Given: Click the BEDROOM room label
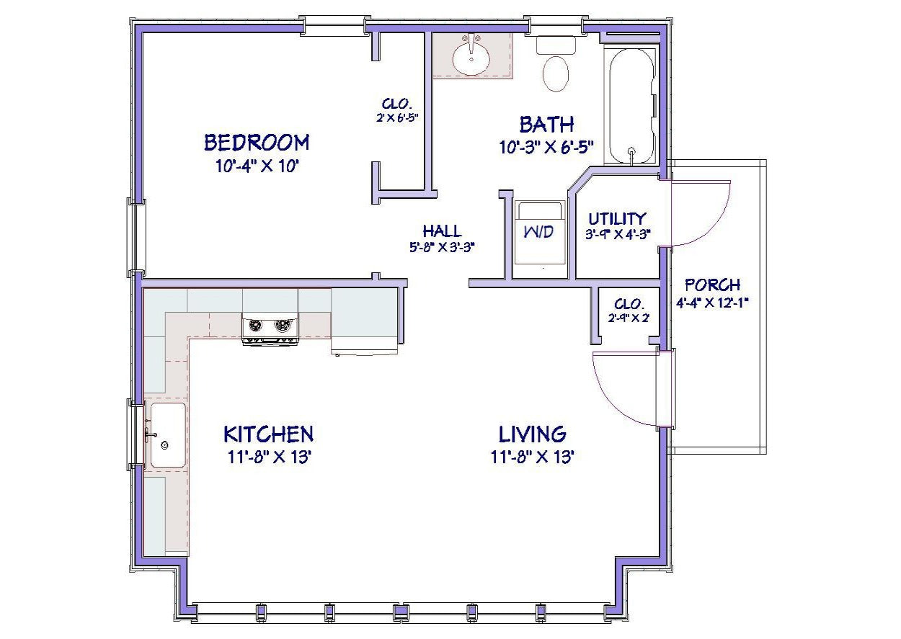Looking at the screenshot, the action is [x=257, y=143].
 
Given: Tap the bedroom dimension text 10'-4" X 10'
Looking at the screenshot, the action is [x=257, y=166].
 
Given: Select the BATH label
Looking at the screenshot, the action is [x=546, y=125].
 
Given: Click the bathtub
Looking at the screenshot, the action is [x=631, y=106].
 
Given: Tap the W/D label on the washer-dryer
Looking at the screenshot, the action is [x=539, y=231].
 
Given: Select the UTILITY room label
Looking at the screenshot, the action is [x=618, y=219].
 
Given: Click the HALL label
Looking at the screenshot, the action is [x=442, y=231].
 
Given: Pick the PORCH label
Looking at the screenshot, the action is [x=712, y=285].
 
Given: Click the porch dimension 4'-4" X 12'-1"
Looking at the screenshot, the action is [x=712, y=303].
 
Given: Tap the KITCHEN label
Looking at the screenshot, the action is [x=268, y=434].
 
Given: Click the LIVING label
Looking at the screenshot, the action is [x=533, y=434].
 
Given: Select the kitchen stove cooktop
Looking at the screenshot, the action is [x=270, y=329].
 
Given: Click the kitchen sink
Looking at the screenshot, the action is [x=168, y=436].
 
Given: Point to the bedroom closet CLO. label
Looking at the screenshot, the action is [x=397, y=104].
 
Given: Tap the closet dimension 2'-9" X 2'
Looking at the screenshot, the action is [x=629, y=318].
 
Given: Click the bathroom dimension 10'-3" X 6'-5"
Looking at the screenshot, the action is [x=546, y=148].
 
